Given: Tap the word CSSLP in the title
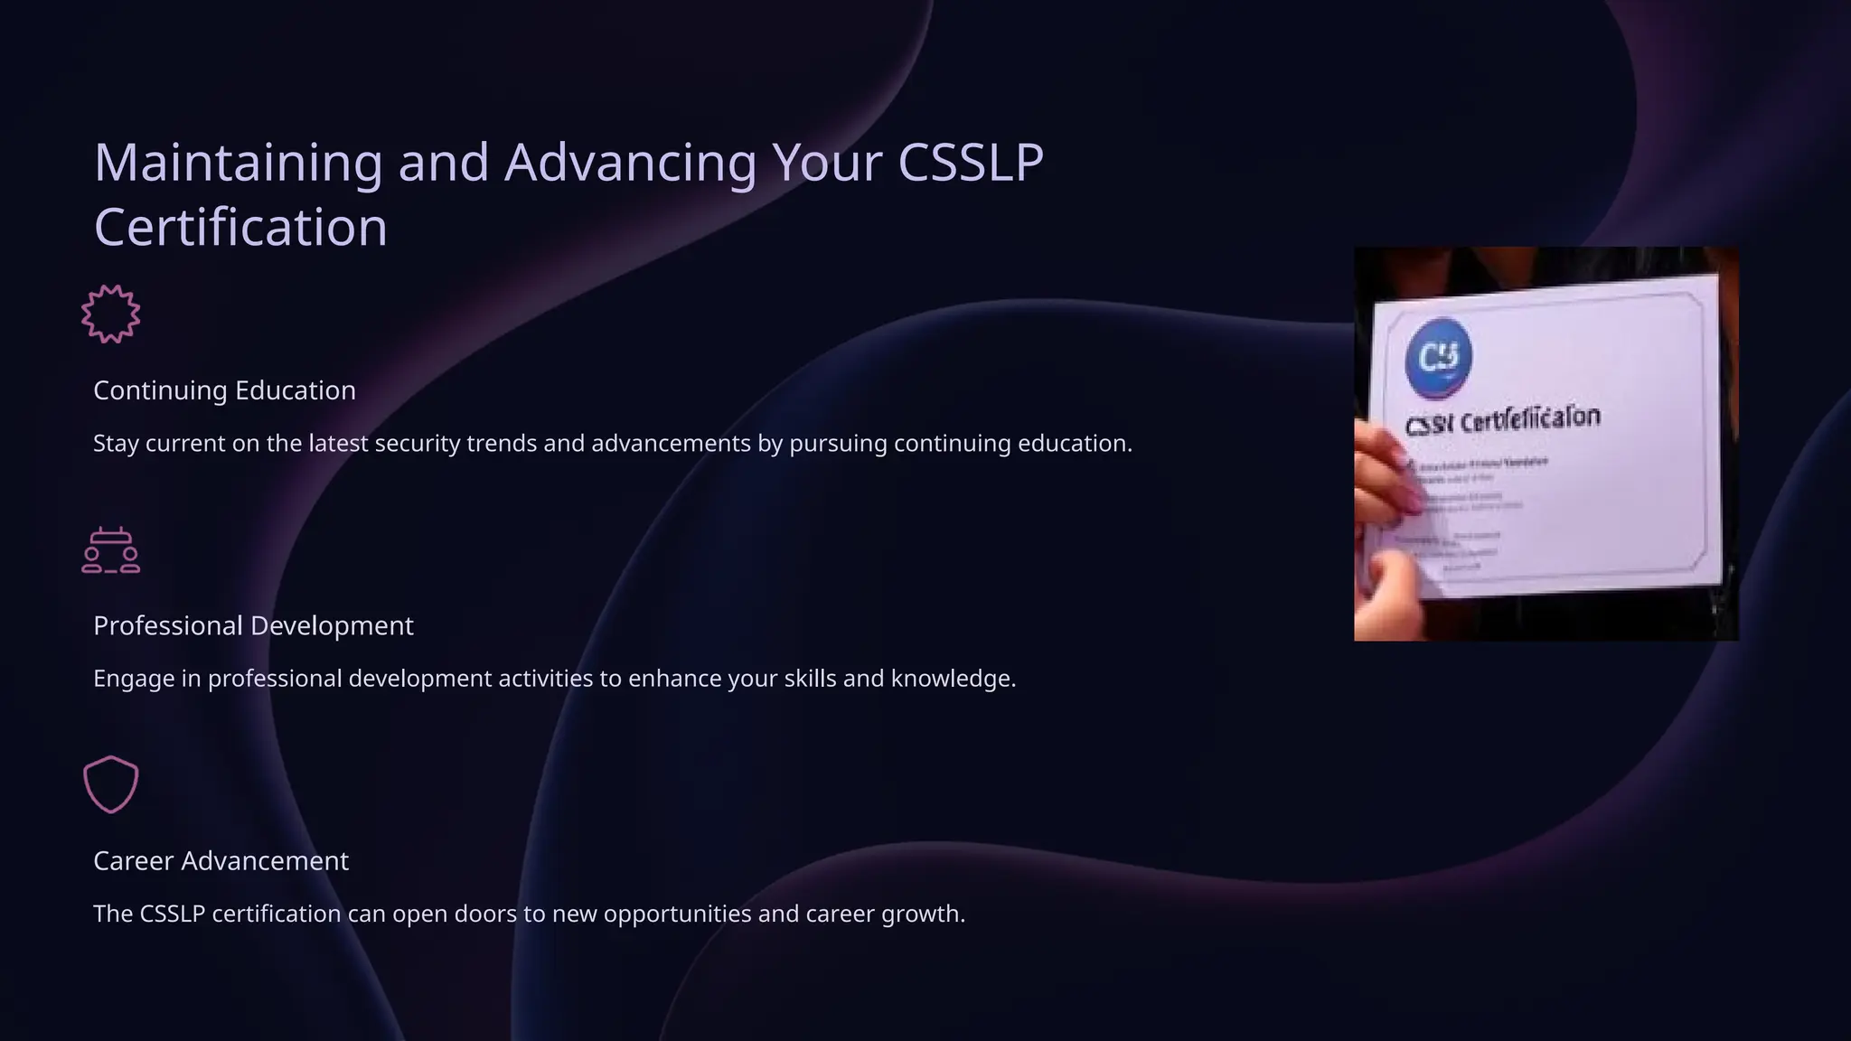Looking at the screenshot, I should coord(971,163).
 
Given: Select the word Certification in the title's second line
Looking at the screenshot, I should coord(240,227).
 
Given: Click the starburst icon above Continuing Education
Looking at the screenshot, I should coord(110,314).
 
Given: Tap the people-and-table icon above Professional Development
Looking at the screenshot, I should coord(110,550).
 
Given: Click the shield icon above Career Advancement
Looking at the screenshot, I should coord(110,784).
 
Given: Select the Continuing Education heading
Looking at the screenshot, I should coord(224,390).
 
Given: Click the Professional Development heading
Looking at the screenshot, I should coord(253,625).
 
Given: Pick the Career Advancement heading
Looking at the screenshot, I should coord(221,860).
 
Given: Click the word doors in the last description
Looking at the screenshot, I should coord(485,914).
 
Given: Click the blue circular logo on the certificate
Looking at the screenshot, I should coord(1438,358).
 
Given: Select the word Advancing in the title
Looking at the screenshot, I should coord(630,163).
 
